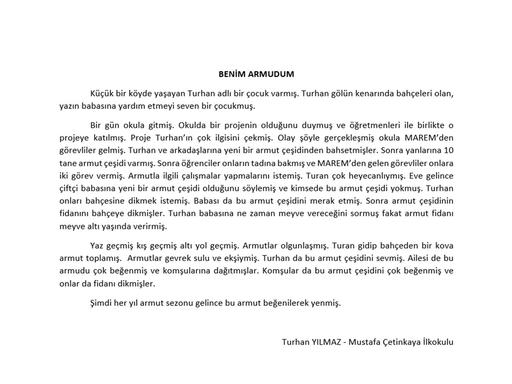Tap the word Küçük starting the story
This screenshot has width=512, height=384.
click(101, 93)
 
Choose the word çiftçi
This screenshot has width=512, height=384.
click(70, 188)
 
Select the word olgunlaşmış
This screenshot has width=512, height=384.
click(304, 246)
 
